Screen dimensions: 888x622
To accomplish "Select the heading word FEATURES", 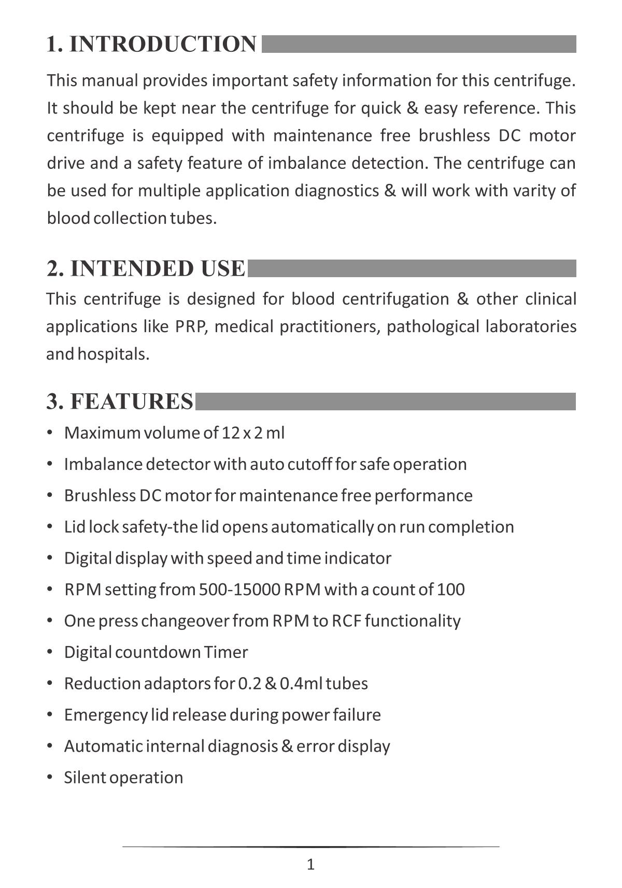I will (131, 402).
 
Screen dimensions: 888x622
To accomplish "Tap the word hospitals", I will (114, 354).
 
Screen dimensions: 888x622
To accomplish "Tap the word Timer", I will (226, 652).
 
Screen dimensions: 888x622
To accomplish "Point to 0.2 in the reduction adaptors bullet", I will (249, 684).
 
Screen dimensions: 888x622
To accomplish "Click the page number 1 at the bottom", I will (310, 865).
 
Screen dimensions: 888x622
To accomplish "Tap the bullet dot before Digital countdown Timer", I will (50, 652).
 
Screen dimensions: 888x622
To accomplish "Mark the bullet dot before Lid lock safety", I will (50, 526).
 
